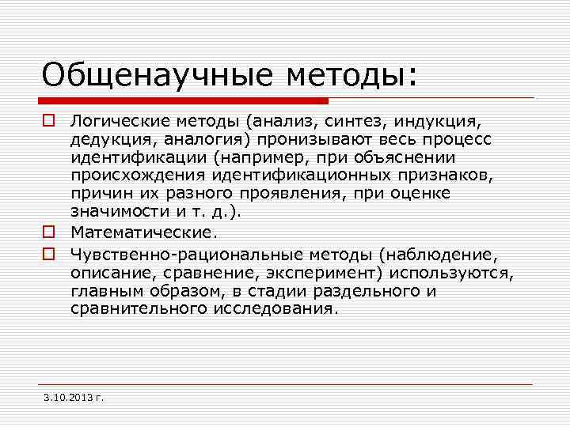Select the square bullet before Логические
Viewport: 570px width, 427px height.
click(x=48, y=123)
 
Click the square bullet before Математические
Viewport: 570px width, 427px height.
click(x=48, y=233)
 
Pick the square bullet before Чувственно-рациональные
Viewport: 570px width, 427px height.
click(x=48, y=254)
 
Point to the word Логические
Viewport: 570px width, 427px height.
click(x=112, y=123)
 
